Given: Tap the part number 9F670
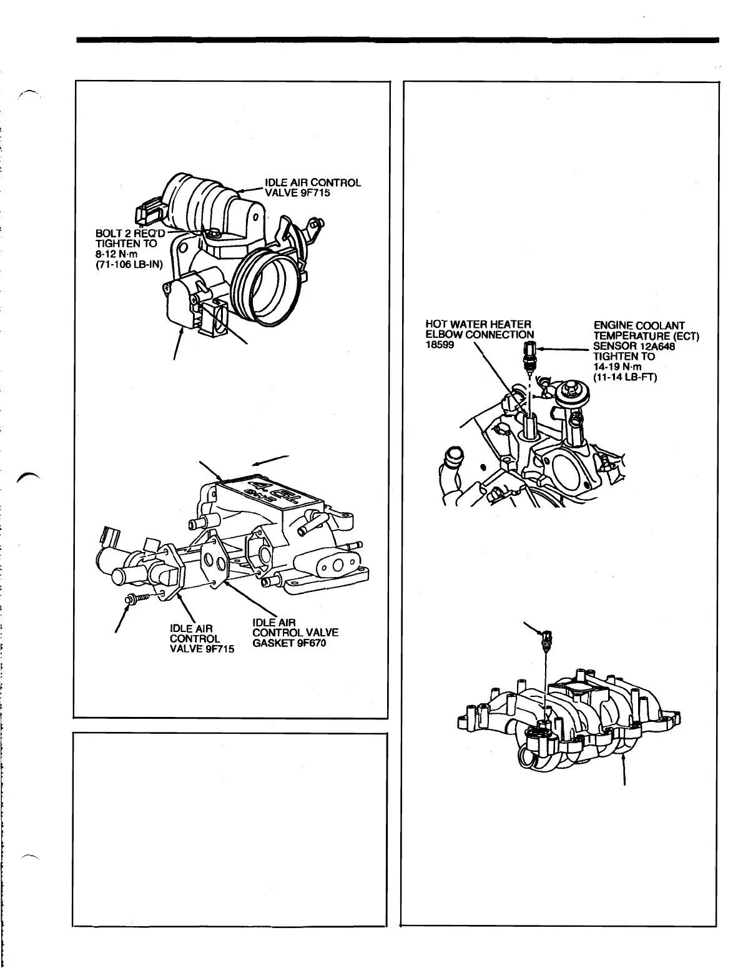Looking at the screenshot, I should point(309,644).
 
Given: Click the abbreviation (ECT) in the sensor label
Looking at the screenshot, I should point(685,337).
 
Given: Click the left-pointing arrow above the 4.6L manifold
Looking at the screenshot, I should point(272,460).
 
